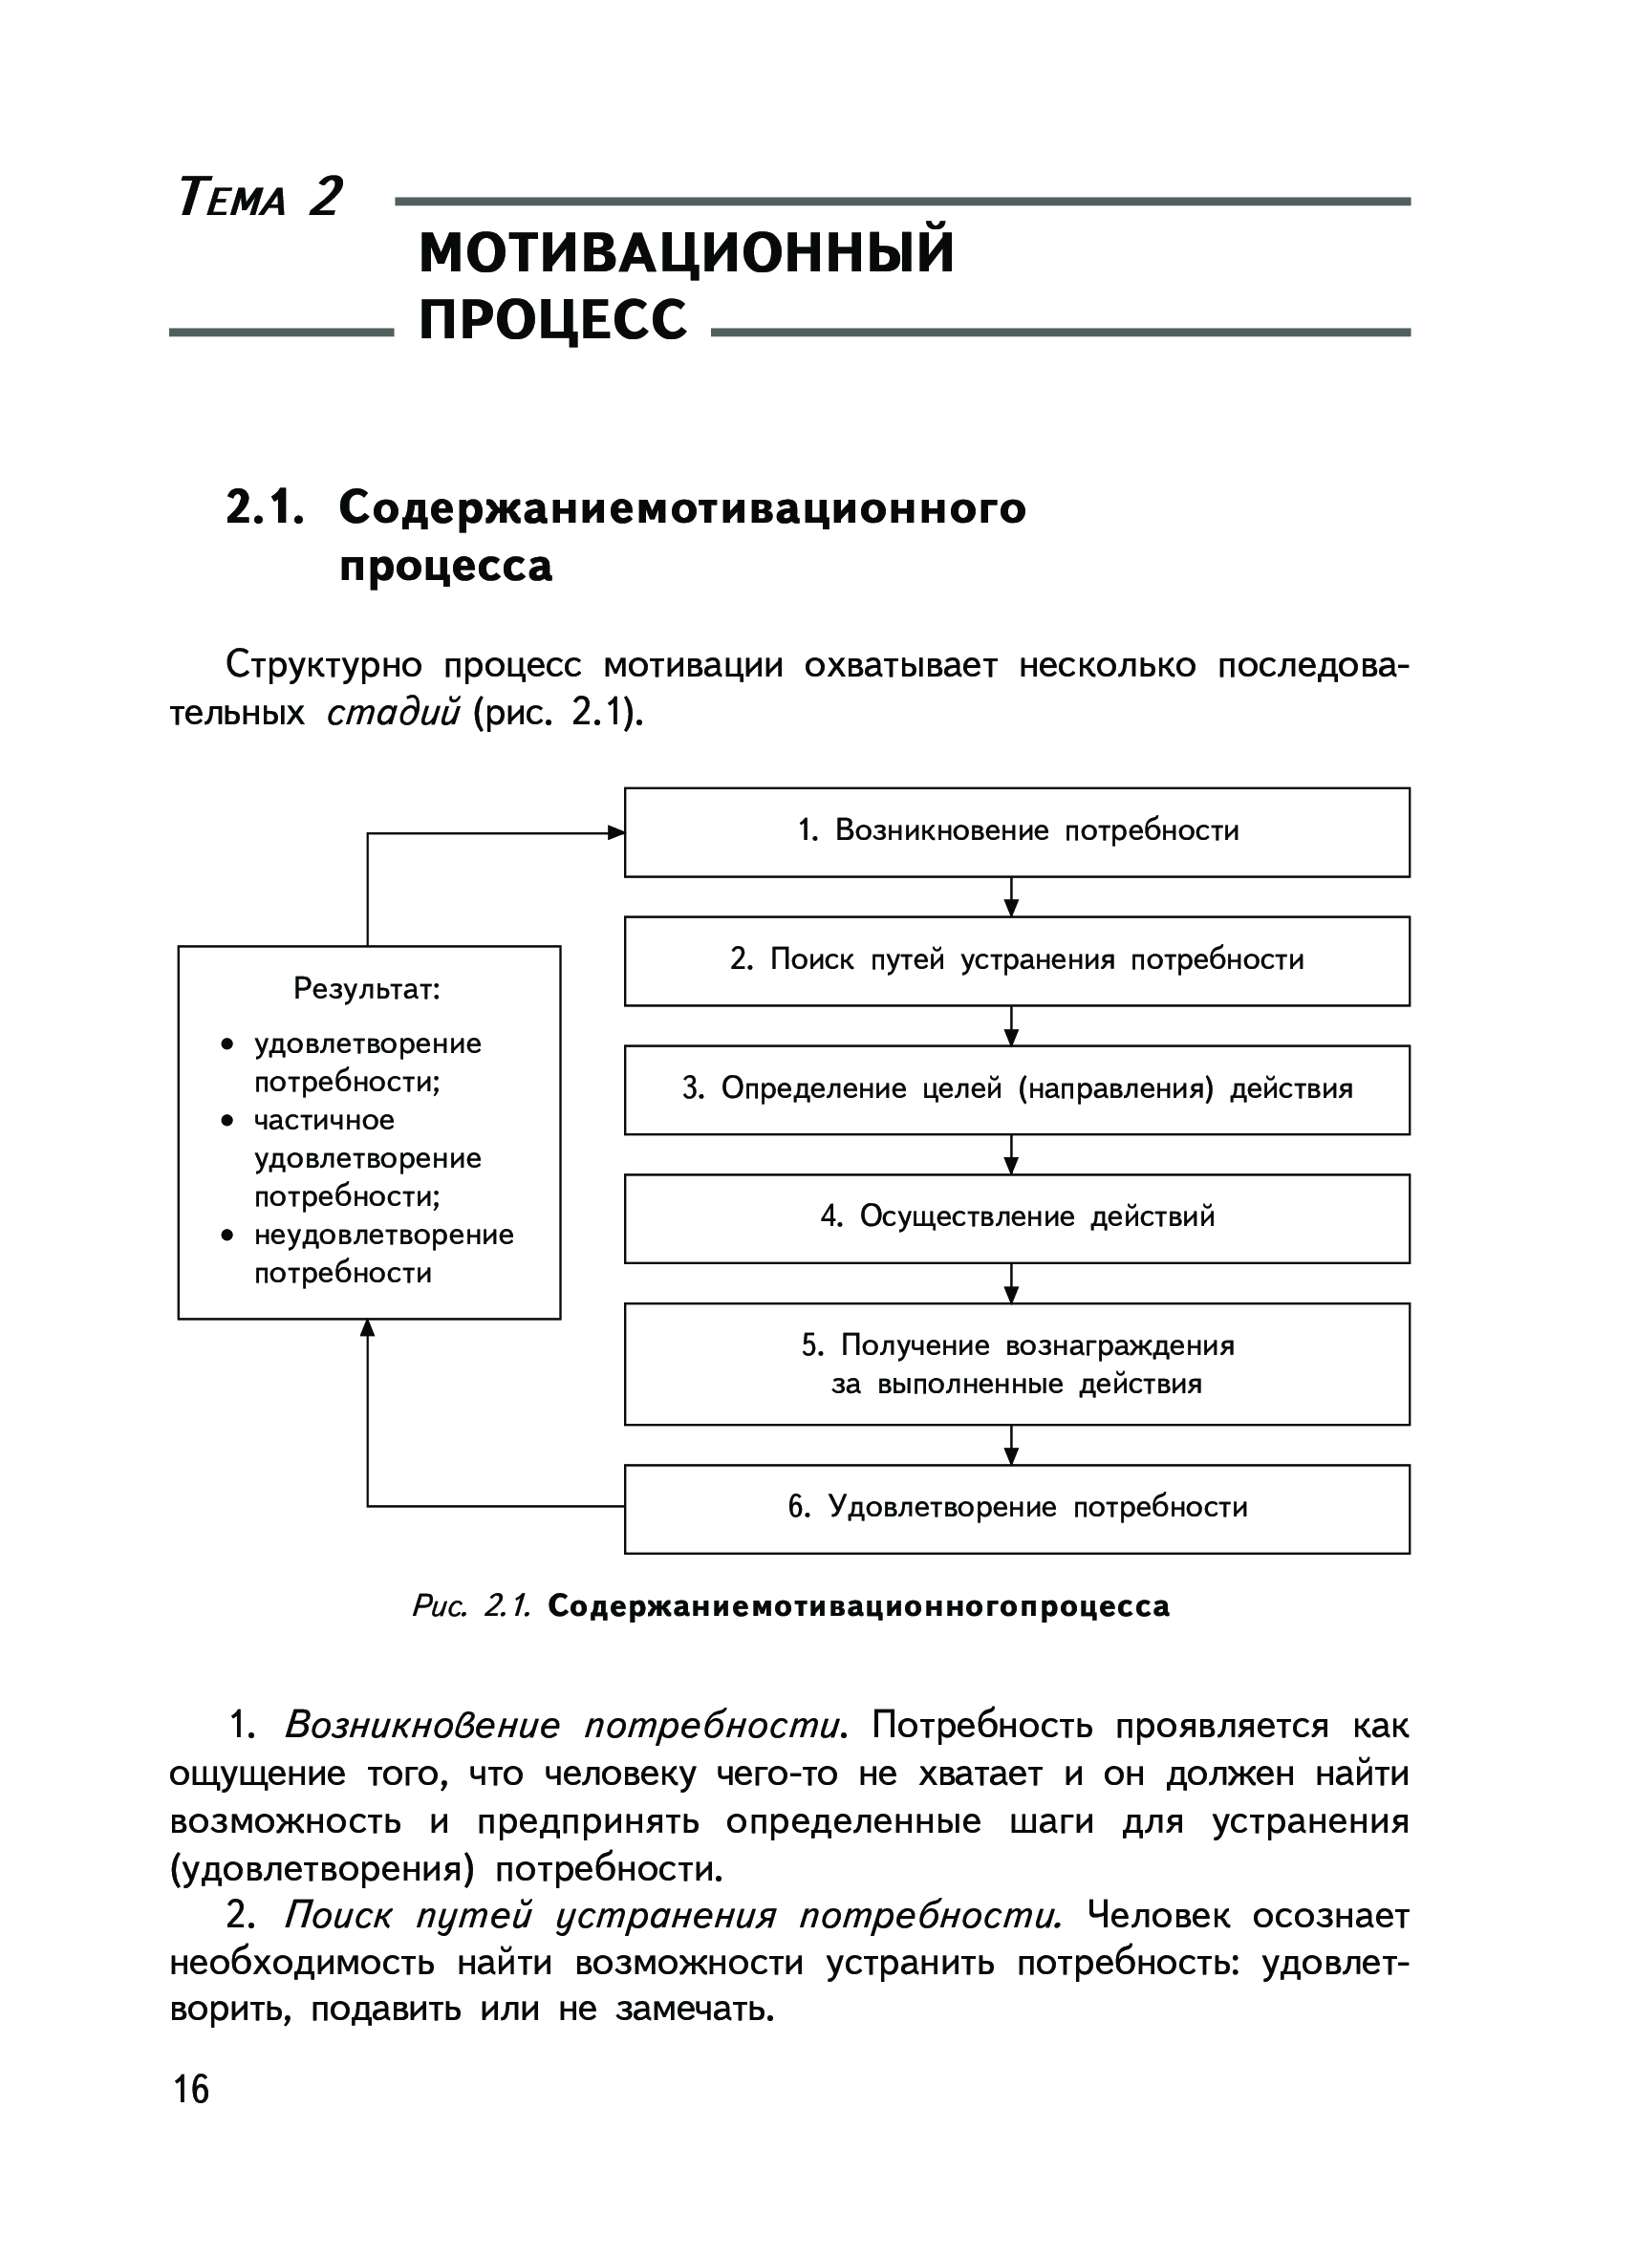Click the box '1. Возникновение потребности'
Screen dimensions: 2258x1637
pyautogui.click(x=1017, y=831)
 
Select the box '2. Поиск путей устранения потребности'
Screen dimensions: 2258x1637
pyautogui.click(x=1017, y=960)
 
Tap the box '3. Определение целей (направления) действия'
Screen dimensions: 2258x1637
pyautogui.click(x=1017, y=1089)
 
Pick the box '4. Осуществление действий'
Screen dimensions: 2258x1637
pyautogui.click(x=1017, y=1217)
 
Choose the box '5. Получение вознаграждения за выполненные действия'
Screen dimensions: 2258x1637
pyautogui.click(x=1017, y=1364)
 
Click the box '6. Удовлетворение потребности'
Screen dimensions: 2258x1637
pyautogui.click(x=1017, y=1507)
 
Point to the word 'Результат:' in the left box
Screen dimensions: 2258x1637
pyautogui.click(x=366, y=989)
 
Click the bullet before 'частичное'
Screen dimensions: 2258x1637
pyautogui.click(x=228, y=1121)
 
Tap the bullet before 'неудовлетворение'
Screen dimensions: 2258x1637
pyautogui.click(x=228, y=1236)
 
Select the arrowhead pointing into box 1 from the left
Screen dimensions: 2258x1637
pyautogui.click(x=615, y=832)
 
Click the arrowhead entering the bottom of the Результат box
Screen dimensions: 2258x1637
pyautogui.click(x=367, y=1329)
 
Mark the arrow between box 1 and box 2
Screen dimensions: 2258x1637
pyautogui.click(x=1012, y=897)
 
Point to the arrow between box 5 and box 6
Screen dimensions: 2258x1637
pyautogui.click(x=1012, y=1445)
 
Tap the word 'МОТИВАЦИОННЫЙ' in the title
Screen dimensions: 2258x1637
pyautogui.click(x=686, y=252)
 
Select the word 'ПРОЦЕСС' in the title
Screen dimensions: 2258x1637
pyautogui.click(x=552, y=319)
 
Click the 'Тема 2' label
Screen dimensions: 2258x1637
pyautogui.click(x=260, y=196)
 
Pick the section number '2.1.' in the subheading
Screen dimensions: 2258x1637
pyautogui.click(x=264, y=507)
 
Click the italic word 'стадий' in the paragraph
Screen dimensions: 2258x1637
pyautogui.click(x=394, y=713)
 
